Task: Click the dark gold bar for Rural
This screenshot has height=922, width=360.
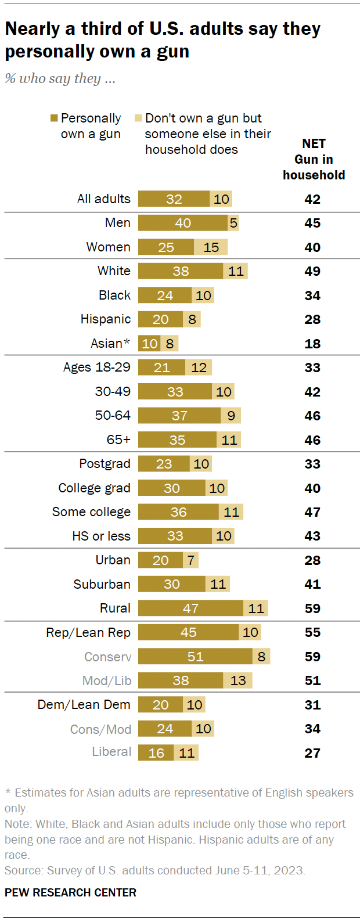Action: (190, 608)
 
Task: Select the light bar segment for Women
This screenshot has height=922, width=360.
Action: (211, 247)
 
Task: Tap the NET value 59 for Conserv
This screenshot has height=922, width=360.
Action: (312, 657)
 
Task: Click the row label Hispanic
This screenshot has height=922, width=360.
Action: (106, 319)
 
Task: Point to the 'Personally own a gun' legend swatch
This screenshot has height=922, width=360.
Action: (54, 118)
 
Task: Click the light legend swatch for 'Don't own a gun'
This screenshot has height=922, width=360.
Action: (138, 118)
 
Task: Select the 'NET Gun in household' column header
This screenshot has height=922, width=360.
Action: (314, 159)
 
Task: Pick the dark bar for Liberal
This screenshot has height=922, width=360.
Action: (156, 752)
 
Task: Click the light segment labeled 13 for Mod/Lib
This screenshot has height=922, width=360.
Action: (238, 680)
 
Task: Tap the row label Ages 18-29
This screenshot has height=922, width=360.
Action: (97, 367)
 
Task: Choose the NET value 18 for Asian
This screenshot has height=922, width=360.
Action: (312, 343)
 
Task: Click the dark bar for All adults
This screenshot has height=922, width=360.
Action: (174, 199)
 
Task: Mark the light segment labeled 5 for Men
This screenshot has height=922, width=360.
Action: (233, 222)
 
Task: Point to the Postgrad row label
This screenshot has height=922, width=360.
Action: (105, 463)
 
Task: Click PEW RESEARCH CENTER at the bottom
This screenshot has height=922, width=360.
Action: (70, 892)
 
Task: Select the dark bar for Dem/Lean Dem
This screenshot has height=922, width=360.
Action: (160, 704)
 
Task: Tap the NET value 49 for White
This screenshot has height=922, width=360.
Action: (312, 271)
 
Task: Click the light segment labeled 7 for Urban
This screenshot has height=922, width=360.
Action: (191, 560)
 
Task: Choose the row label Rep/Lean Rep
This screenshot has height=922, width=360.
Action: (88, 632)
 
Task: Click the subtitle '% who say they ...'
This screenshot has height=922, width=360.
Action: (60, 78)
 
